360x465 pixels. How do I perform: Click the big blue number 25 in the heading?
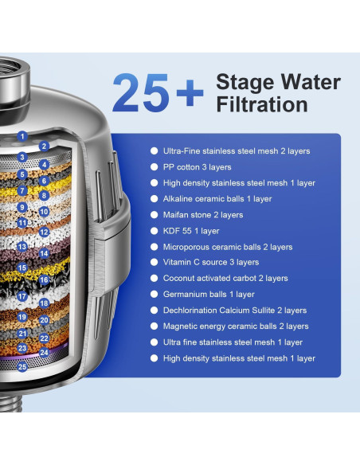(140, 92)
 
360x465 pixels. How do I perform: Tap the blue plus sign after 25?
(190, 92)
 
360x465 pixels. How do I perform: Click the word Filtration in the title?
(262, 104)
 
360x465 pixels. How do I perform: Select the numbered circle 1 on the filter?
(22, 136)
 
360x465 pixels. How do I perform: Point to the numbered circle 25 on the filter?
(22, 367)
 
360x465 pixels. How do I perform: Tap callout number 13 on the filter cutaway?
(22, 247)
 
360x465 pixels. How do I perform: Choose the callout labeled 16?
(44, 280)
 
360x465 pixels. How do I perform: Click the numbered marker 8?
(44, 195)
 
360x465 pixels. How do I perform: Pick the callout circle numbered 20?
(44, 320)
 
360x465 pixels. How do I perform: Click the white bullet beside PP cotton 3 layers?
(155, 167)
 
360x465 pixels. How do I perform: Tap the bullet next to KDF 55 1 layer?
(155, 231)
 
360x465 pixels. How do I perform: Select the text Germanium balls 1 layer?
(209, 294)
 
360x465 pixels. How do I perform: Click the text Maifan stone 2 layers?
(203, 215)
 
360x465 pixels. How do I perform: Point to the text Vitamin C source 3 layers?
(211, 262)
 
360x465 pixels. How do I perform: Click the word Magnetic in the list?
(180, 326)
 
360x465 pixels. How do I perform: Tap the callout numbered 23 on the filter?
(22, 348)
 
